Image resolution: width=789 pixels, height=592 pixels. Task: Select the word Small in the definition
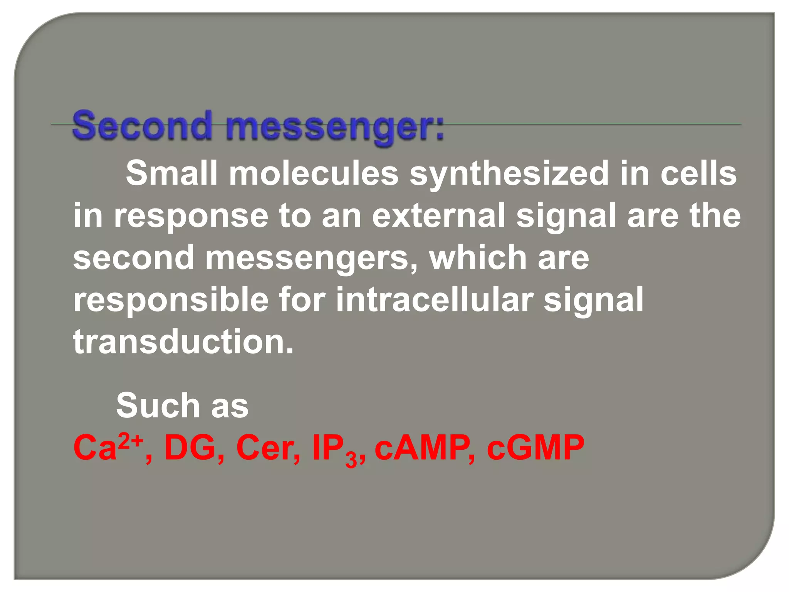tap(171, 173)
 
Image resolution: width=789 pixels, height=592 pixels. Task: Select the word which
tap(478, 257)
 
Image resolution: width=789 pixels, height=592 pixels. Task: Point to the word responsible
tap(171, 300)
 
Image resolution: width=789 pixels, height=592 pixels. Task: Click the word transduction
tap(183, 341)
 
